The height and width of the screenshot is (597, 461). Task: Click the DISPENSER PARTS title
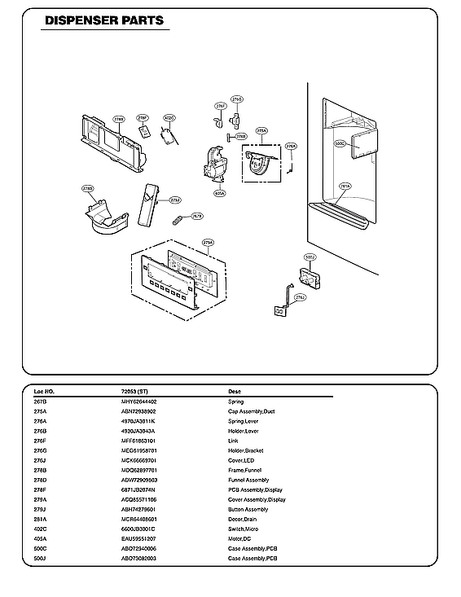[103, 20]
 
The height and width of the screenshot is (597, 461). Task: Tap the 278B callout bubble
[118, 119]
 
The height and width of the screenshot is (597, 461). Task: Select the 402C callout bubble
[169, 118]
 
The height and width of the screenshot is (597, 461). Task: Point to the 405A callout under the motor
[220, 194]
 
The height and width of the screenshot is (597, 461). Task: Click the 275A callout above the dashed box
[261, 130]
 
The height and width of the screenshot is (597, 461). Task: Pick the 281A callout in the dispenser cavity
[345, 186]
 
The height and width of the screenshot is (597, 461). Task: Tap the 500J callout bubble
[310, 257]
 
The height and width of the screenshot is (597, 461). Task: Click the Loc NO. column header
[44, 391]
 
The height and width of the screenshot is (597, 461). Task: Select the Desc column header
[235, 391]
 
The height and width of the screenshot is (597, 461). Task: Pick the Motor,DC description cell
[240, 538]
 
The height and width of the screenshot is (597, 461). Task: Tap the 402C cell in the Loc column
[41, 529]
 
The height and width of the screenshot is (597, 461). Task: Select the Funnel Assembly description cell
[248, 480]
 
